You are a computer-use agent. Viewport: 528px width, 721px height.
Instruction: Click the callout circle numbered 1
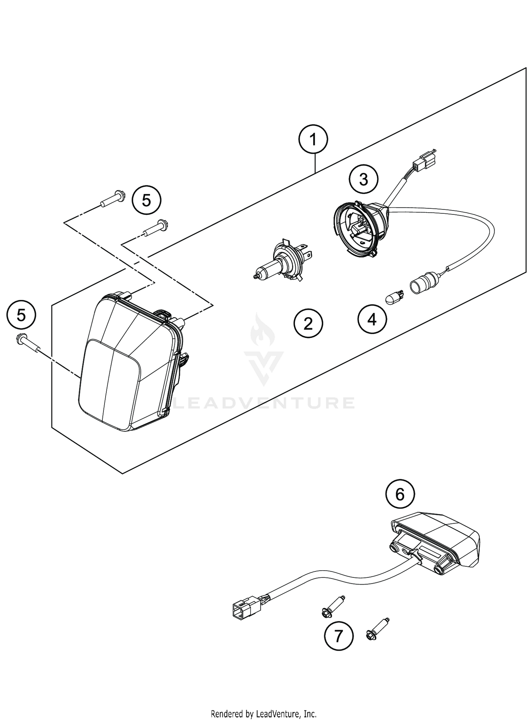(313, 140)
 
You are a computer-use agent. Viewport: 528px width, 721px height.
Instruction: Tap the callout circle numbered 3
(364, 180)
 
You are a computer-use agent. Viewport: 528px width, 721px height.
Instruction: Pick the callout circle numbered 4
(372, 320)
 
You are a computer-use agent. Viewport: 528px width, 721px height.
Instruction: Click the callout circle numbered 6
(400, 495)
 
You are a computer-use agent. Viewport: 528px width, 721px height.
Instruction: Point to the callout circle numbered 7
(338, 636)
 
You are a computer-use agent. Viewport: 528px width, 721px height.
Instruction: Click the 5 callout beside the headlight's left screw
(21, 315)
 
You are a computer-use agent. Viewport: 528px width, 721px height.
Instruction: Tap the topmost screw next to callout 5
(113, 198)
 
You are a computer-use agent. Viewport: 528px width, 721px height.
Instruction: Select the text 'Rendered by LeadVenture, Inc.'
(264, 713)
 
